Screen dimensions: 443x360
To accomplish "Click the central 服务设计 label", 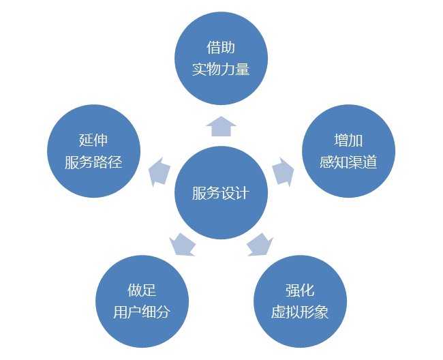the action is pyautogui.click(x=221, y=193).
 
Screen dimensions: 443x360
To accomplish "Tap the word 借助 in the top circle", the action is pyautogui.click(x=221, y=47).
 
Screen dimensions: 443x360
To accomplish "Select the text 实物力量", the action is pyautogui.click(x=221, y=70).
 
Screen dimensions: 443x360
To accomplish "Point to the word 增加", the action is pyautogui.click(x=348, y=140).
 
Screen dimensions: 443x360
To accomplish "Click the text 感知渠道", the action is pyautogui.click(x=348, y=162).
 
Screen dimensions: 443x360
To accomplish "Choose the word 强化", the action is pyautogui.click(x=300, y=290).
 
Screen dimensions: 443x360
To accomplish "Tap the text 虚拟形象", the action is pyautogui.click(x=300, y=312).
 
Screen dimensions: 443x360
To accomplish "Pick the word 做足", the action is pyautogui.click(x=142, y=290).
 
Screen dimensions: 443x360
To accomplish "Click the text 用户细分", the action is pyautogui.click(x=142, y=312).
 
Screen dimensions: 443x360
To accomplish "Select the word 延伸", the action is pyautogui.click(x=93, y=140).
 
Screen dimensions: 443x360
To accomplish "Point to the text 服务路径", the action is pyautogui.click(x=93, y=162).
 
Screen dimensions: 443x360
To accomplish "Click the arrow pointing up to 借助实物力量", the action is pyautogui.click(x=221, y=126).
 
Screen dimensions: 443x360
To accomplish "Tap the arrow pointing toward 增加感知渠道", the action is pyautogui.click(x=283, y=172).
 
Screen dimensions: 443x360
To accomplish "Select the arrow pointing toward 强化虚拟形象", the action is pyautogui.click(x=260, y=245).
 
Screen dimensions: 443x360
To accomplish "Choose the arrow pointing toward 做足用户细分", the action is pyautogui.click(x=182, y=245).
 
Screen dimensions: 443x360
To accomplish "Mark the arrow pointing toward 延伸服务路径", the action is pyautogui.click(x=159, y=172).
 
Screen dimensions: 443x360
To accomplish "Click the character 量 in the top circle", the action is pyautogui.click(x=243, y=70).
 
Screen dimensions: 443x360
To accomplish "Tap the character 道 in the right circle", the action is pyautogui.click(x=370, y=162).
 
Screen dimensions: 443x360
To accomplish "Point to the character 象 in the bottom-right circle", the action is pyautogui.click(x=322, y=312).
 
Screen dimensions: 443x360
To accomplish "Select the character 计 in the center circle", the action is pyautogui.click(x=243, y=193).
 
